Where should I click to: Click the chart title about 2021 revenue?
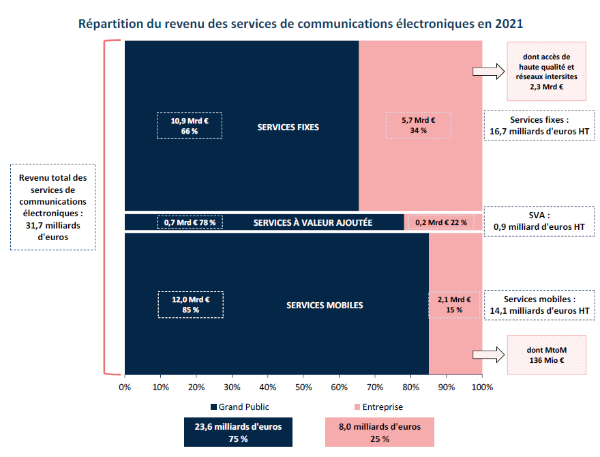pyautogui.click(x=301, y=24)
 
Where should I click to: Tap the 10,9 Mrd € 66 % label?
pyautogui.click(x=190, y=126)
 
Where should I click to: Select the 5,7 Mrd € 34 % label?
pyautogui.click(x=419, y=126)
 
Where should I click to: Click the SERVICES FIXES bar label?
pyautogui.click(x=288, y=127)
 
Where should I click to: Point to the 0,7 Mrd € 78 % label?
pyautogui.click(x=190, y=222)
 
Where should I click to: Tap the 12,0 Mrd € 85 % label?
pyautogui.click(x=190, y=304)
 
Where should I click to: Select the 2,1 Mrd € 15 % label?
pyautogui.click(x=454, y=304)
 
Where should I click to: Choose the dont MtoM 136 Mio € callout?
pyautogui.click(x=547, y=355)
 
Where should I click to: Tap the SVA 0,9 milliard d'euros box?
pyautogui.click(x=539, y=222)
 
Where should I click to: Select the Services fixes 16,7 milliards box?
pyautogui.click(x=539, y=126)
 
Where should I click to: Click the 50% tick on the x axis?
pyautogui.click(x=303, y=387)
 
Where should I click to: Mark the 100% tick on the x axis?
pyautogui.click(x=482, y=387)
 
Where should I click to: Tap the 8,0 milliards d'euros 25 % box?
pyautogui.click(x=380, y=432)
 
